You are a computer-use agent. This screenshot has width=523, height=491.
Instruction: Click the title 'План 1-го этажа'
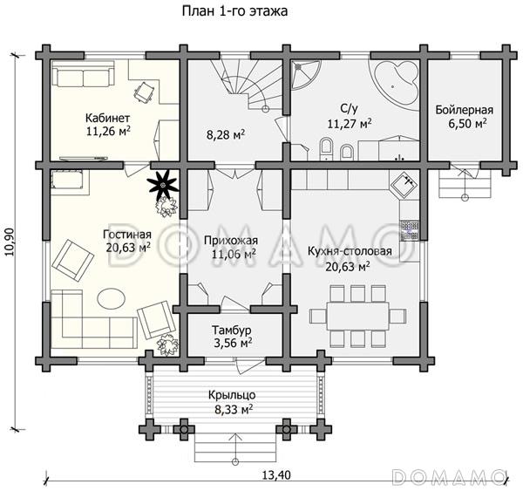point(234,11)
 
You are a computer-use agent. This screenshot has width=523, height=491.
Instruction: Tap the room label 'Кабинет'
point(108,118)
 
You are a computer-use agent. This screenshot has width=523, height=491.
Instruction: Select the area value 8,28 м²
point(226,135)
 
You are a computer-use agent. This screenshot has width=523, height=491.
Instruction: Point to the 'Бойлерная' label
point(465,110)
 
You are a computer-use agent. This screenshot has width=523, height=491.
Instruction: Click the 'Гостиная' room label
point(127,235)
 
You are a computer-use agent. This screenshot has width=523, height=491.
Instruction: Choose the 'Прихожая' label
point(231,241)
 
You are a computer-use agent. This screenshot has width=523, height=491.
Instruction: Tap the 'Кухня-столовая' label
point(350,251)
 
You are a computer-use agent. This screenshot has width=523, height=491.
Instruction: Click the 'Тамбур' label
point(232,331)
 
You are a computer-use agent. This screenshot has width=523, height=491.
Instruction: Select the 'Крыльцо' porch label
point(232,395)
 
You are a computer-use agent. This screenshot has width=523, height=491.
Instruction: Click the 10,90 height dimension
point(10,242)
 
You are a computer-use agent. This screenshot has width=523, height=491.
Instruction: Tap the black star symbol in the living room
point(163,185)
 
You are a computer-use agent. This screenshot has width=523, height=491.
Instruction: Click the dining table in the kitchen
point(357,316)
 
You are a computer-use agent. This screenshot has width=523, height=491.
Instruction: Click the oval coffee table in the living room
point(112,297)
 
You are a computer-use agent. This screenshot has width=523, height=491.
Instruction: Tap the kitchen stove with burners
point(410,230)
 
